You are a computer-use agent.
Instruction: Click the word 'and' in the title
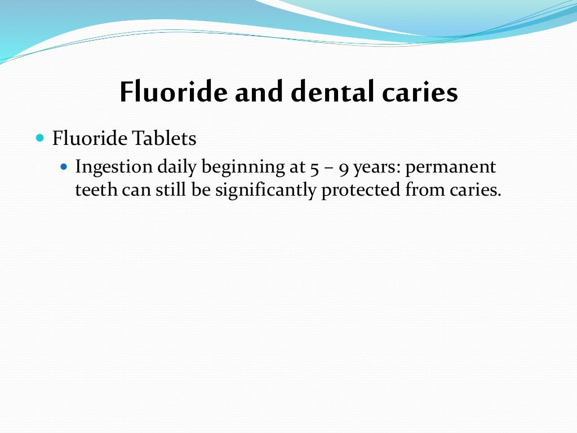tap(259, 92)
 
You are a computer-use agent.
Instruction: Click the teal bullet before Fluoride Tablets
tap(39, 138)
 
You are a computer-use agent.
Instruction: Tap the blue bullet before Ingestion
tap(64, 167)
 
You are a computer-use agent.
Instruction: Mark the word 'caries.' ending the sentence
tap(474, 191)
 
